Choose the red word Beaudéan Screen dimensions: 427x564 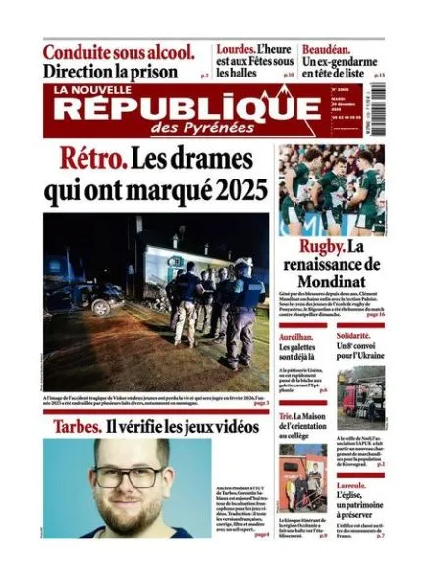click(x=337, y=47)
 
